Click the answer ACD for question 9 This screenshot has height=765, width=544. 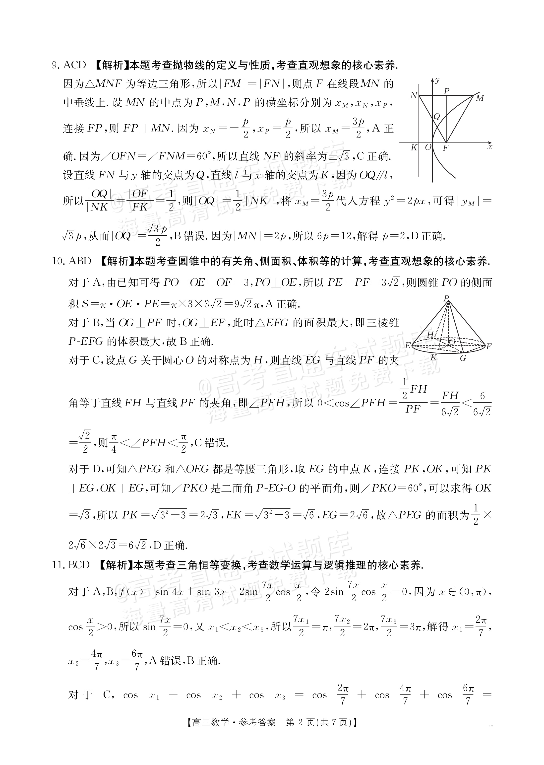[x=74, y=65]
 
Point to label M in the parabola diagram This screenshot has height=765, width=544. [x=480, y=98]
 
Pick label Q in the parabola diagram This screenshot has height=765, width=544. [x=436, y=117]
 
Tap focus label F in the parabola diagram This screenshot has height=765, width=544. [x=445, y=148]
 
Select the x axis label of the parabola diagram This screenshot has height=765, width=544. [x=490, y=147]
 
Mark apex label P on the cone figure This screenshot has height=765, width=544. [x=446, y=298]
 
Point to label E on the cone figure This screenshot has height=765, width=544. [x=407, y=346]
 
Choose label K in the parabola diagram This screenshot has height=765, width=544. [x=414, y=147]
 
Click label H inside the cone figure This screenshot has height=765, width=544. [x=430, y=334]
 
